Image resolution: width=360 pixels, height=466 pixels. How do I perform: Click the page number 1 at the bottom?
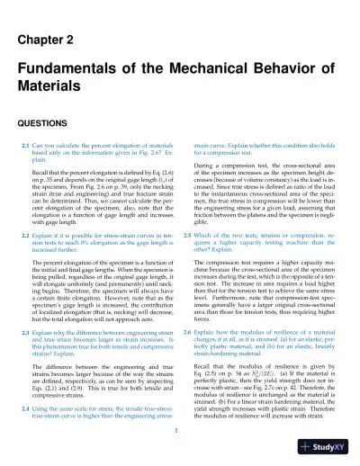tap(180, 430)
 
